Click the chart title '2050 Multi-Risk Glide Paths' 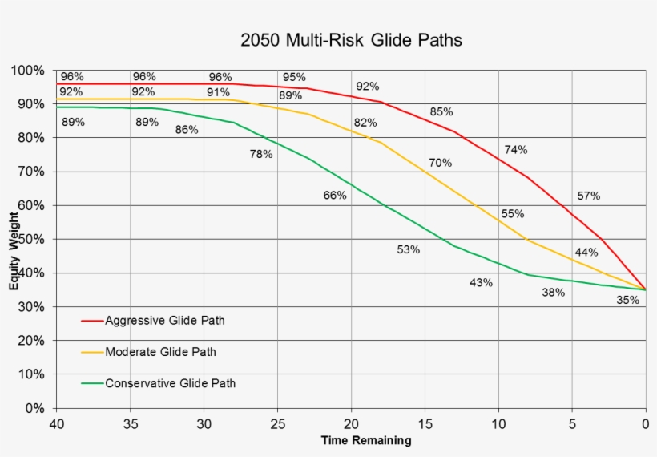coord(352,39)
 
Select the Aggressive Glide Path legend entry coord(165,321)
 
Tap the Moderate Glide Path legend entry coord(160,352)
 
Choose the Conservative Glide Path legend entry coord(170,383)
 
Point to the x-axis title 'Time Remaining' coord(366,440)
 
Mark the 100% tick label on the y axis coord(28,71)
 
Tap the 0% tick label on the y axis coord(34,408)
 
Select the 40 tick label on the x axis coord(56,423)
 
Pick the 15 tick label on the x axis coord(425,423)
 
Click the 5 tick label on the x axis coord(572,423)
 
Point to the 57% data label coord(588,196)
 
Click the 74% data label coord(516,150)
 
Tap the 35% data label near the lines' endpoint coord(628,301)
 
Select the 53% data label coord(409,250)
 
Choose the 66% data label coord(335,196)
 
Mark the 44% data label coord(586,253)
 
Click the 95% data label coord(294,78)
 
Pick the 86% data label coord(187,129)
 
